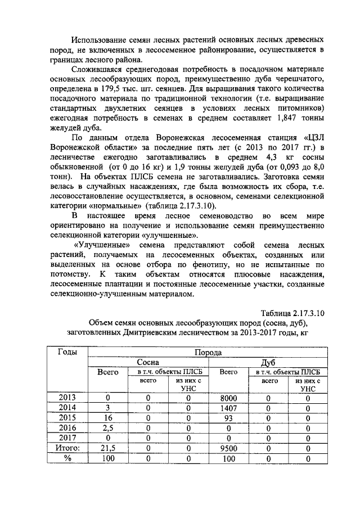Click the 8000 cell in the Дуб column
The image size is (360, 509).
228,398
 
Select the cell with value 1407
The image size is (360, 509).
228,408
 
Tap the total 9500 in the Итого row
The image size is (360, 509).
228,448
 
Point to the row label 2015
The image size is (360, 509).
67,418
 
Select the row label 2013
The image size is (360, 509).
67,398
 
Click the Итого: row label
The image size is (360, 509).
67,448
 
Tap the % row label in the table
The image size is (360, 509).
67,458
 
